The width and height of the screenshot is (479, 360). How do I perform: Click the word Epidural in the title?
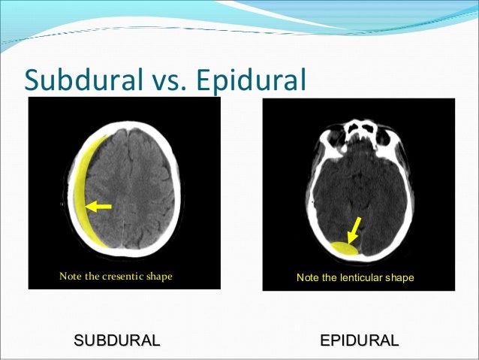click(x=253, y=79)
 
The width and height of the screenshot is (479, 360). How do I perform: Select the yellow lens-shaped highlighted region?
click(x=344, y=248)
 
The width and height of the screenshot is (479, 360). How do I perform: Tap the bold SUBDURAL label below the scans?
click(x=116, y=340)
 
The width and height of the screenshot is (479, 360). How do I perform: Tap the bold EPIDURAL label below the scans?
click(x=359, y=340)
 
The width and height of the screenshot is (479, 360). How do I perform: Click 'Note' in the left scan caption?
click(x=62, y=276)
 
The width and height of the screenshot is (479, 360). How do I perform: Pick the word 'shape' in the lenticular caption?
click(x=399, y=278)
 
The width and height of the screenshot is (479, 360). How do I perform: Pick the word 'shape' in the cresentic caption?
click(x=157, y=276)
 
